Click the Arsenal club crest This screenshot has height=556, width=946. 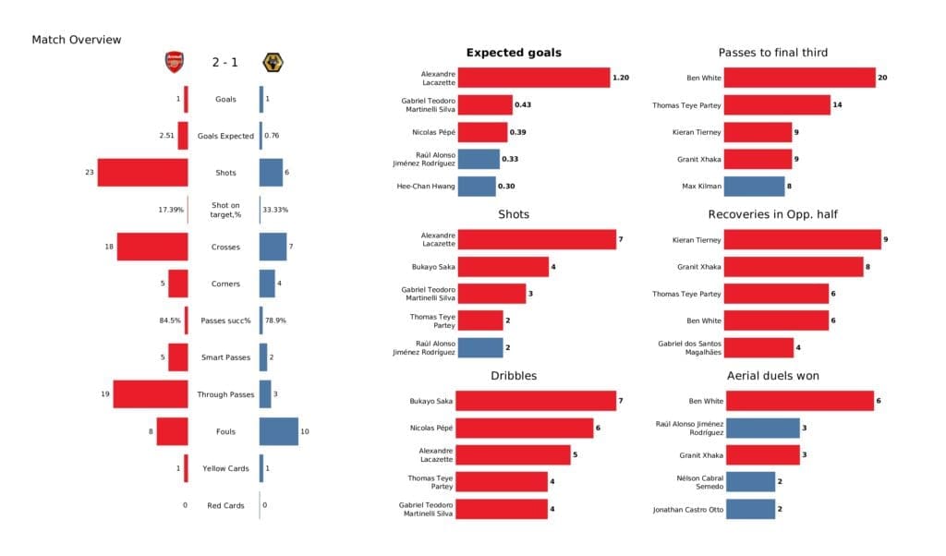coord(174,63)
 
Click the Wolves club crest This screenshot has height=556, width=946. coord(273,63)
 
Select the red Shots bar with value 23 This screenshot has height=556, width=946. coord(142,173)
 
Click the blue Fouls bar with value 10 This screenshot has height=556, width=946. coord(278,431)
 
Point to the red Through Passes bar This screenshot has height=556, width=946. coord(151,394)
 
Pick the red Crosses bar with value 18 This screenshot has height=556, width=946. coord(152,247)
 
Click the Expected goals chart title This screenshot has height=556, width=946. coord(514,53)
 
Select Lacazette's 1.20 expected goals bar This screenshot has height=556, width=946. coord(533,79)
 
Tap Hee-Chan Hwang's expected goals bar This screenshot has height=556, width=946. coord(477,186)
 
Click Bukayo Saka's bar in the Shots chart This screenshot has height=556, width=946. coord(503,267)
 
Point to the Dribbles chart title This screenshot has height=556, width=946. coord(514,376)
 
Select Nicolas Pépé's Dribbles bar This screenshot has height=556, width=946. coord(525,428)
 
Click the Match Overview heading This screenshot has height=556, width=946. coord(77,40)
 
